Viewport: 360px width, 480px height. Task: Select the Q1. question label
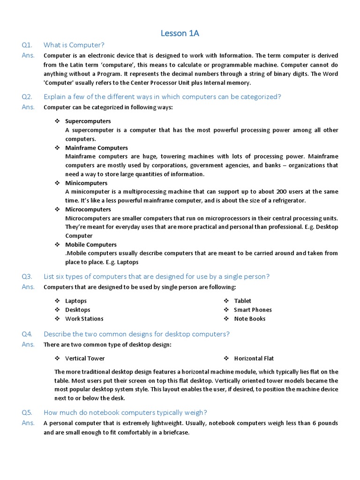click(27, 45)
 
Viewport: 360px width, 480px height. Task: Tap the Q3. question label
click(27, 277)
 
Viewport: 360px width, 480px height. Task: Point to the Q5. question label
click(27, 412)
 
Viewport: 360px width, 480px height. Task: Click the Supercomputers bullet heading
click(88, 121)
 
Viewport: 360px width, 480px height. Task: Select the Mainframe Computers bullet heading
click(97, 148)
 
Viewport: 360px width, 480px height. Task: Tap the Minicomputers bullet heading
click(86, 183)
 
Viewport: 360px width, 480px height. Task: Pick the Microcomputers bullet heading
click(88, 209)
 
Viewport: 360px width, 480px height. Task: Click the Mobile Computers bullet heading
click(91, 245)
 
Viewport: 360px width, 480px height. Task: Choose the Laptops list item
click(76, 301)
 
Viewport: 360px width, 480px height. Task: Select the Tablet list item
click(243, 301)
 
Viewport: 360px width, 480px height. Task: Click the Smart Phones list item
click(253, 310)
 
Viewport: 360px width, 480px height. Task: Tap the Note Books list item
click(250, 319)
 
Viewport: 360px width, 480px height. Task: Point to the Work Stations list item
click(84, 319)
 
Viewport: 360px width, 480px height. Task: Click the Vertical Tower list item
click(85, 359)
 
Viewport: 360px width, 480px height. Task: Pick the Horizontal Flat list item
click(254, 359)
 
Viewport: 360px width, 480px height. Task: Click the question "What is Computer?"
click(74, 45)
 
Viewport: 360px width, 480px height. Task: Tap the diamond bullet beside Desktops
click(57, 310)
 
